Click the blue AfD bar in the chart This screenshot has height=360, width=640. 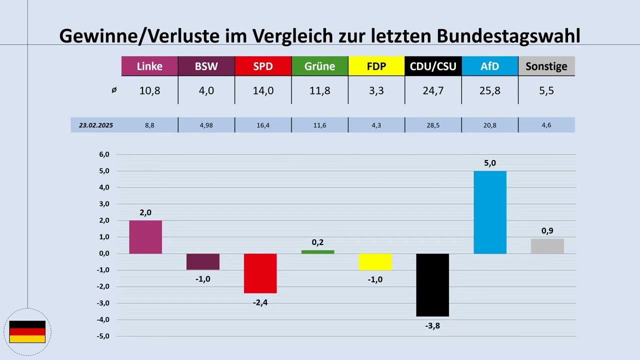490,212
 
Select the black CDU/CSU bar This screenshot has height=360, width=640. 432,285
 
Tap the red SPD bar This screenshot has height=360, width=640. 260,273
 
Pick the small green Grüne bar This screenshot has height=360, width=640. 317,252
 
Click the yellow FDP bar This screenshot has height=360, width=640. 375,262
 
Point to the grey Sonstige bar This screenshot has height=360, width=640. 547,246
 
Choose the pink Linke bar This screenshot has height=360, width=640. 145,237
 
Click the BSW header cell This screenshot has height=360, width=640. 206,66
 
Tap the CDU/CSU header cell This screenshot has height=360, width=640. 433,66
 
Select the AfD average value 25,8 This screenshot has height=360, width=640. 490,91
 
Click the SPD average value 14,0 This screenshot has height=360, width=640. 263,91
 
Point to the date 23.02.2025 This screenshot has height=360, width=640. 96,125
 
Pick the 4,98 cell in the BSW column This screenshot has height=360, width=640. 206,125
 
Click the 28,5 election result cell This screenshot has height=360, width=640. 433,125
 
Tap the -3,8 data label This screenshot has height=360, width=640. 432,326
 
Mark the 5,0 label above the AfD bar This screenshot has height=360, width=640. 490,162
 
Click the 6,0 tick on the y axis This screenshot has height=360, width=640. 104,154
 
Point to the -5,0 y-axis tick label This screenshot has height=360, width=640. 102,336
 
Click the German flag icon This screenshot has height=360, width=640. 27,332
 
